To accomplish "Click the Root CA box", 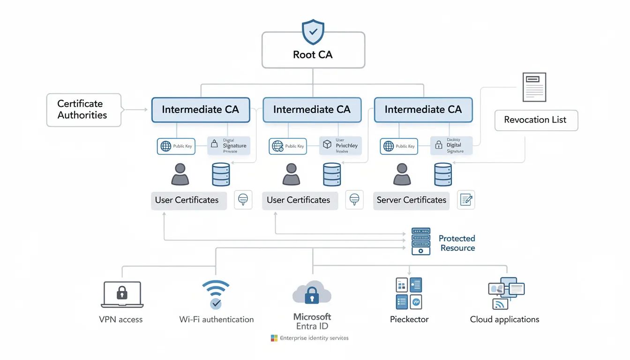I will pyautogui.click(x=313, y=51).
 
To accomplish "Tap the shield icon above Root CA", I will pyautogui.click(x=313, y=32).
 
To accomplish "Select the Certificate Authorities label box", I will pyautogui.click(x=83, y=110).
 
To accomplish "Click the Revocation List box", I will pyautogui.click(x=536, y=120).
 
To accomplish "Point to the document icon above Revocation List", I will pyautogui.click(x=534, y=87).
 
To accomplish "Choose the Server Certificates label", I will pyautogui.click(x=411, y=200).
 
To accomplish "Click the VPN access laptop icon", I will pyautogui.click(x=121, y=295).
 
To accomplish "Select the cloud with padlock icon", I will pyautogui.click(x=312, y=293).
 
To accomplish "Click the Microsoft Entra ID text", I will pyautogui.click(x=312, y=322).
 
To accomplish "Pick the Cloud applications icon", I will pyautogui.click(x=506, y=293).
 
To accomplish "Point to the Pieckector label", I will pyautogui.click(x=409, y=320).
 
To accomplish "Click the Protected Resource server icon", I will pyautogui.click(x=420, y=241).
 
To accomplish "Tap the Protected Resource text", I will pyautogui.click(x=457, y=243).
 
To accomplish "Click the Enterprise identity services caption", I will pyautogui.click(x=314, y=338).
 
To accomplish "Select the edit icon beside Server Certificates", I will pyautogui.click(x=466, y=200).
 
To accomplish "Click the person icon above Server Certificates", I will pyautogui.click(x=402, y=174).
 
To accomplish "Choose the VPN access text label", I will pyautogui.click(x=121, y=320).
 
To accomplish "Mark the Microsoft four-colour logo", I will pyautogui.click(x=274, y=338).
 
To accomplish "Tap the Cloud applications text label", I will pyautogui.click(x=504, y=320).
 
